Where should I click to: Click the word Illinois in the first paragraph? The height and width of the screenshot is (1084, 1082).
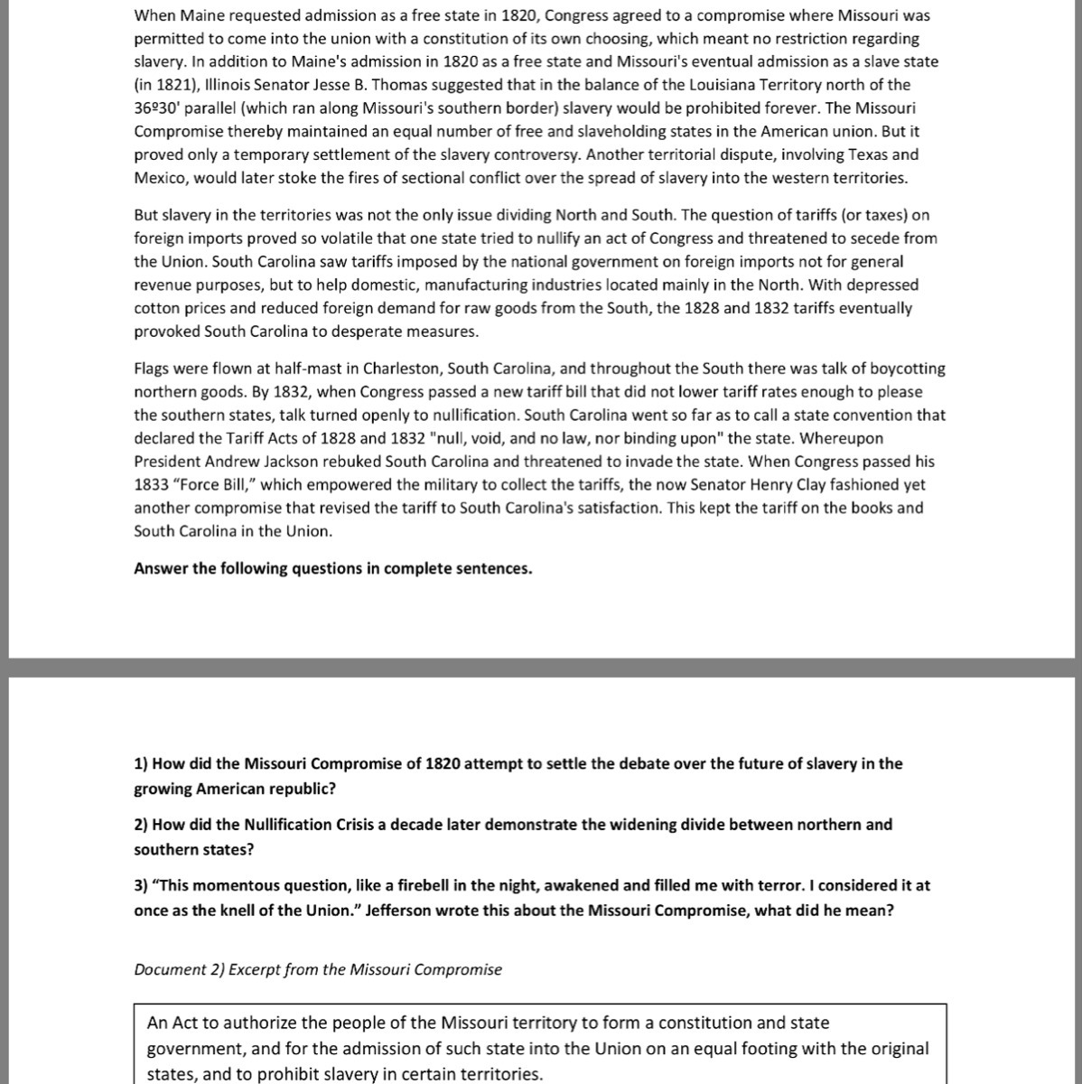click(204, 85)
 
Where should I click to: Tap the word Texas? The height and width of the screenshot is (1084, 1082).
click(849, 154)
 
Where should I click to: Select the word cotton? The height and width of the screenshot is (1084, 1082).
click(155, 308)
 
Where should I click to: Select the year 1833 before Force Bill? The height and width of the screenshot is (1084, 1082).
click(150, 485)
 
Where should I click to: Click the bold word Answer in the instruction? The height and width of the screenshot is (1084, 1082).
click(161, 569)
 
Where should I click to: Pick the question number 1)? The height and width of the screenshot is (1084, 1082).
click(141, 764)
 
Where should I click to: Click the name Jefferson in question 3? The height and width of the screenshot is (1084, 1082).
click(398, 911)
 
